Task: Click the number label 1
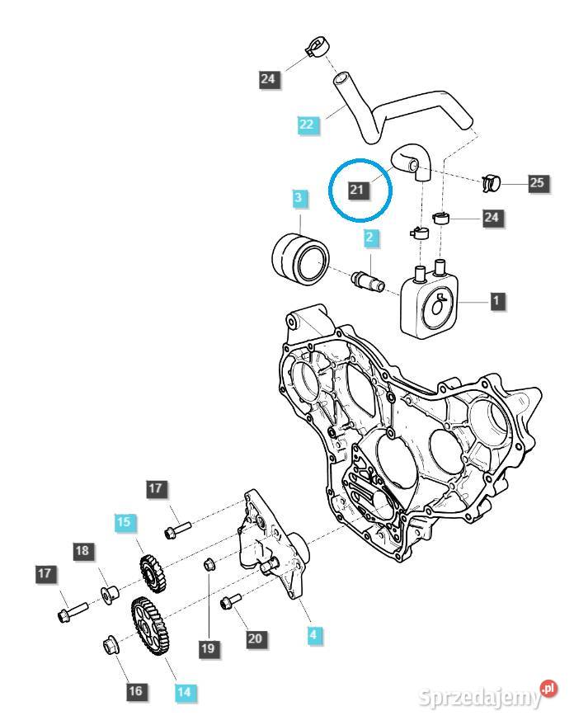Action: click(x=496, y=301)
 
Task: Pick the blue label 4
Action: click(x=313, y=635)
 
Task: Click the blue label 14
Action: click(x=185, y=693)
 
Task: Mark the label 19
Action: click(x=207, y=649)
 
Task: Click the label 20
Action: click(x=255, y=638)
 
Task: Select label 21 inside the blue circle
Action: click(x=357, y=191)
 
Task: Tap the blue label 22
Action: click(x=307, y=125)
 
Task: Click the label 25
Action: click(x=537, y=182)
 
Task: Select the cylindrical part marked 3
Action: click(x=299, y=257)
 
